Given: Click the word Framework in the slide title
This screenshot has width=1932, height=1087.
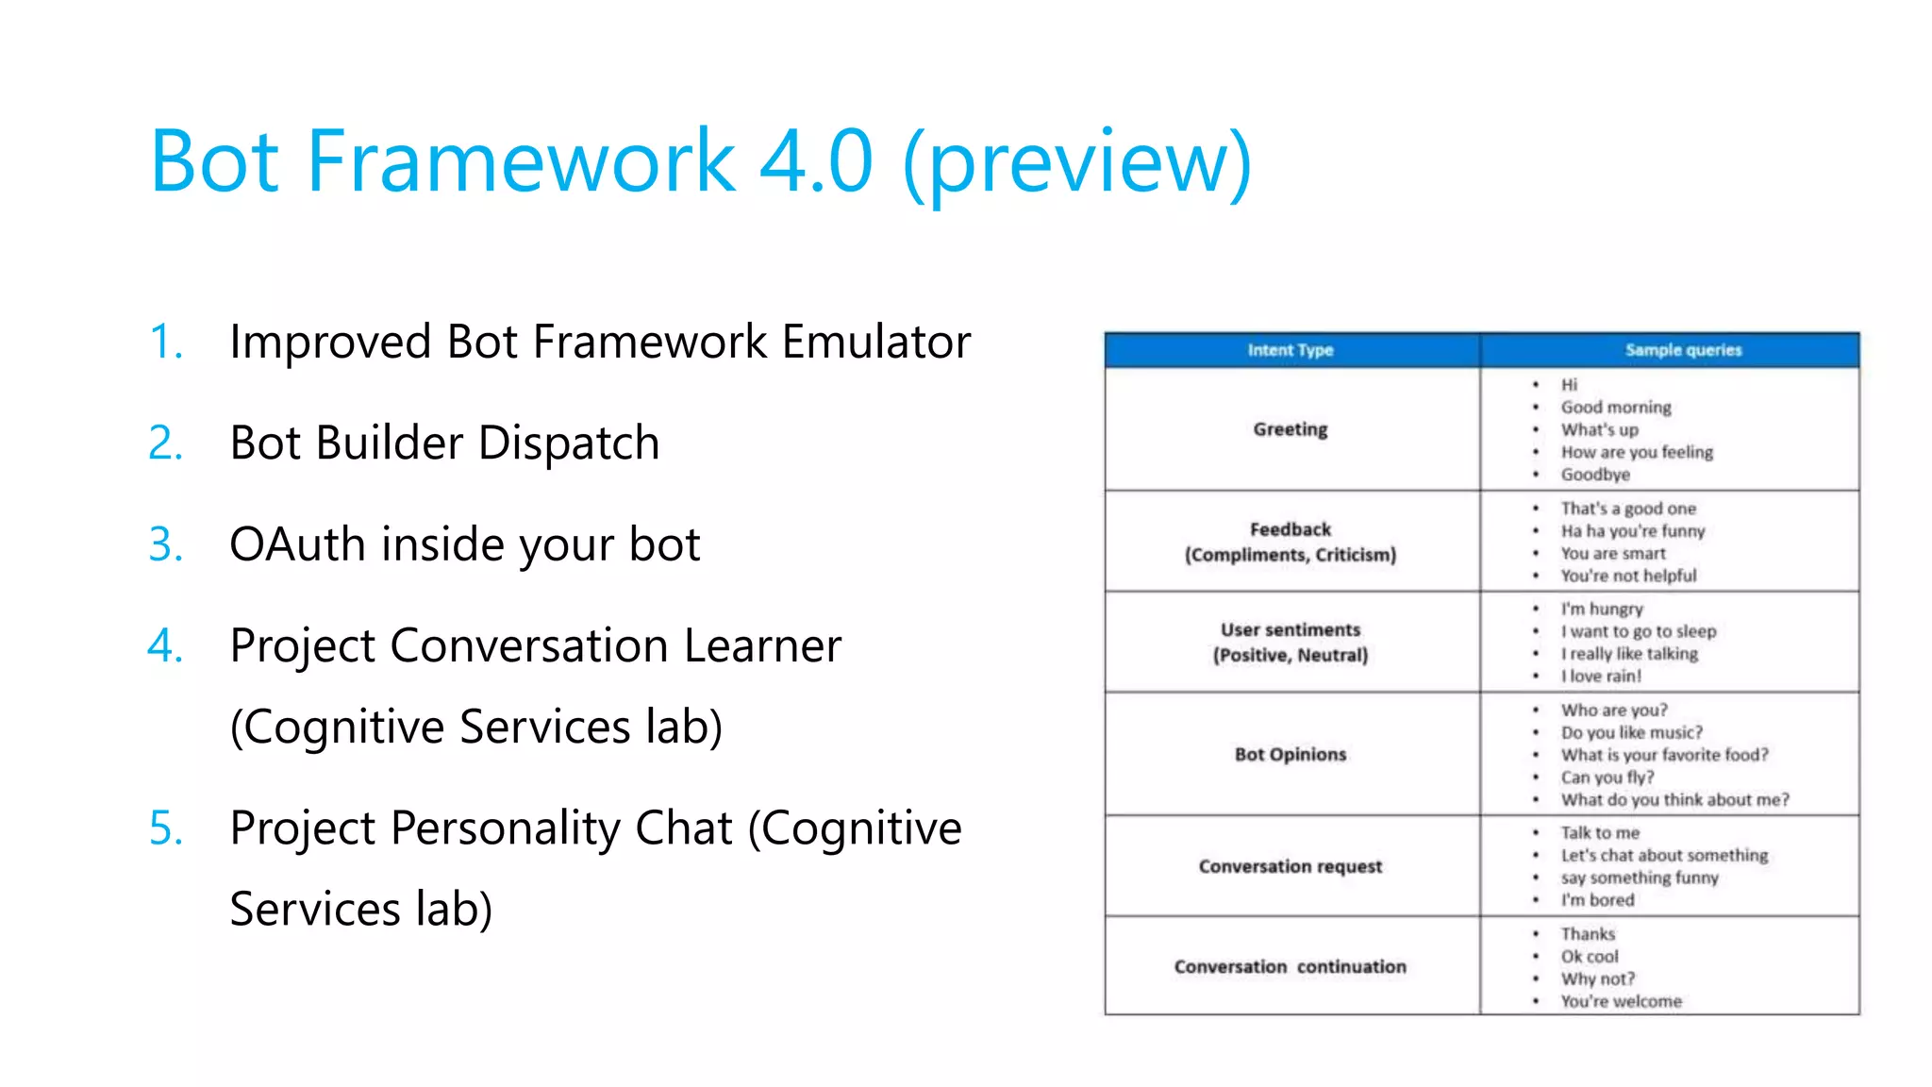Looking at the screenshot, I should pyautogui.click(x=521, y=160).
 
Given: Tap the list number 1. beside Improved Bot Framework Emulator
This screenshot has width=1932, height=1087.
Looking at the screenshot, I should pyautogui.click(x=166, y=342).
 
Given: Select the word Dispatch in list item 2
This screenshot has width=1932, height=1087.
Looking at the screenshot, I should pyautogui.click(x=569, y=443).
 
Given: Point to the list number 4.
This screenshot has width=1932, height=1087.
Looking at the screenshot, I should pyautogui.click(x=166, y=646).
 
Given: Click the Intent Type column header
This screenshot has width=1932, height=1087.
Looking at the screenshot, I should pyautogui.click(x=1290, y=350).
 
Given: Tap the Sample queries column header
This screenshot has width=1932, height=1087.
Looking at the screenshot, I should pyautogui.click(x=1683, y=350).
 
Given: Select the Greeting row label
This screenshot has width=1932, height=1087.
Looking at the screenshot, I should pyautogui.click(x=1290, y=429).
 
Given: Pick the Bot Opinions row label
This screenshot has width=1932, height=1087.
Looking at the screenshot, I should pyautogui.click(x=1290, y=754).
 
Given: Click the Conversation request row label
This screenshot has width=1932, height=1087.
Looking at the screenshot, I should pyautogui.click(x=1290, y=866).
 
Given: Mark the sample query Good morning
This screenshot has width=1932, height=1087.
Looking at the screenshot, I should pyautogui.click(x=1615, y=408).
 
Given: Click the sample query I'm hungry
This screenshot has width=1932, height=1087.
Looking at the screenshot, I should pyautogui.click(x=1601, y=610).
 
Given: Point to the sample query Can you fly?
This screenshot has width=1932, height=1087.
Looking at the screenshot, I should pyautogui.click(x=1607, y=778).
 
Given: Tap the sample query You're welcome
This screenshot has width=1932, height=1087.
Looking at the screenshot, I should pyautogui.click(x=1621, y=1001).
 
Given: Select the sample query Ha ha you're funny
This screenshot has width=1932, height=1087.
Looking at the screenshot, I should pyautogui.click(x=1632, y=531).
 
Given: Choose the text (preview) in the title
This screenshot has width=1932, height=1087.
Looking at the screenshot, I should pyautogui.click(x=1076, y=162).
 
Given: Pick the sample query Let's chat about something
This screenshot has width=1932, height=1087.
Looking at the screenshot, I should pyautogui.click(x=1664, y=856).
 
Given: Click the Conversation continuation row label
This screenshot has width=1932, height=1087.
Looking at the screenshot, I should pyautogui.click(x=1290, y=967).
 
